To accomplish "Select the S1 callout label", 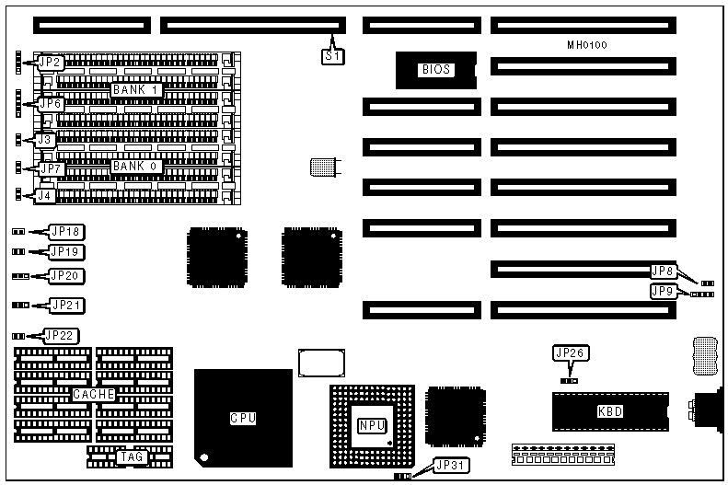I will [333, 56].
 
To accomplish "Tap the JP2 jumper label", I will [50, 63].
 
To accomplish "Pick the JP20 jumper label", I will [66, 275].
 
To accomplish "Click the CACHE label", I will [93, 394].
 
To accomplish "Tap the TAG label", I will [131, 456].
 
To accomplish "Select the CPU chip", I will [243, 417].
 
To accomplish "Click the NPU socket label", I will [371, 426].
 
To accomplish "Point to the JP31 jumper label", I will [449, 467].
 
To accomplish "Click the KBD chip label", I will [609, 411].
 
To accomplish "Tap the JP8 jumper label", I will [663, 271].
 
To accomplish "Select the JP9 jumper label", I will [663, 291].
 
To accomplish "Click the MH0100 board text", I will [587, 44].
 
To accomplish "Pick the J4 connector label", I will [44, 195].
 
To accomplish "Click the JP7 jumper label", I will [50, 168].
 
